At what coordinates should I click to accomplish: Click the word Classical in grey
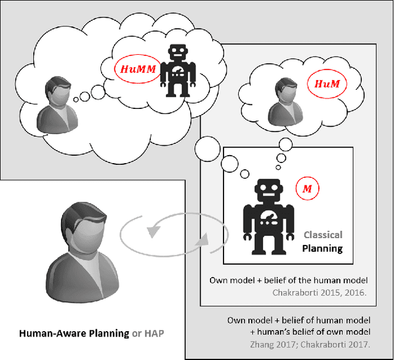tap(323, 235)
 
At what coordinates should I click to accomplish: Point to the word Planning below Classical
tap(321, 249)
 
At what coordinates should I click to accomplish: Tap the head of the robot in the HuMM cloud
tap(179, 51)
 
